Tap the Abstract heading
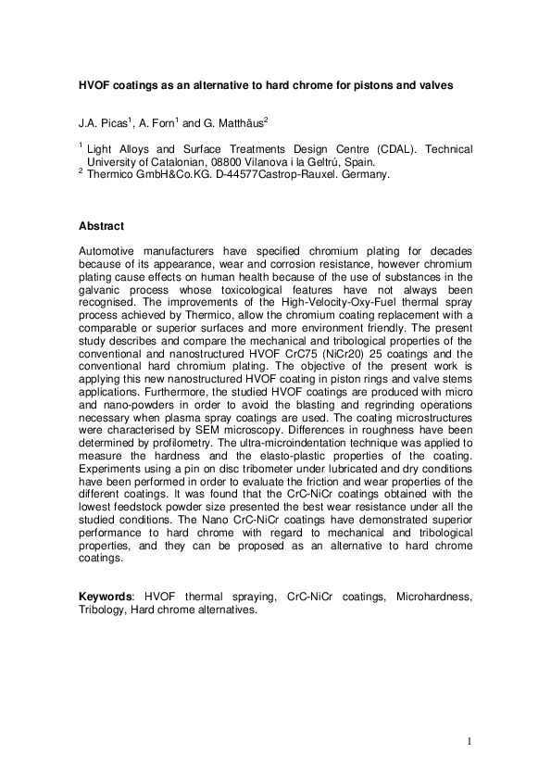pos(101,226)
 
